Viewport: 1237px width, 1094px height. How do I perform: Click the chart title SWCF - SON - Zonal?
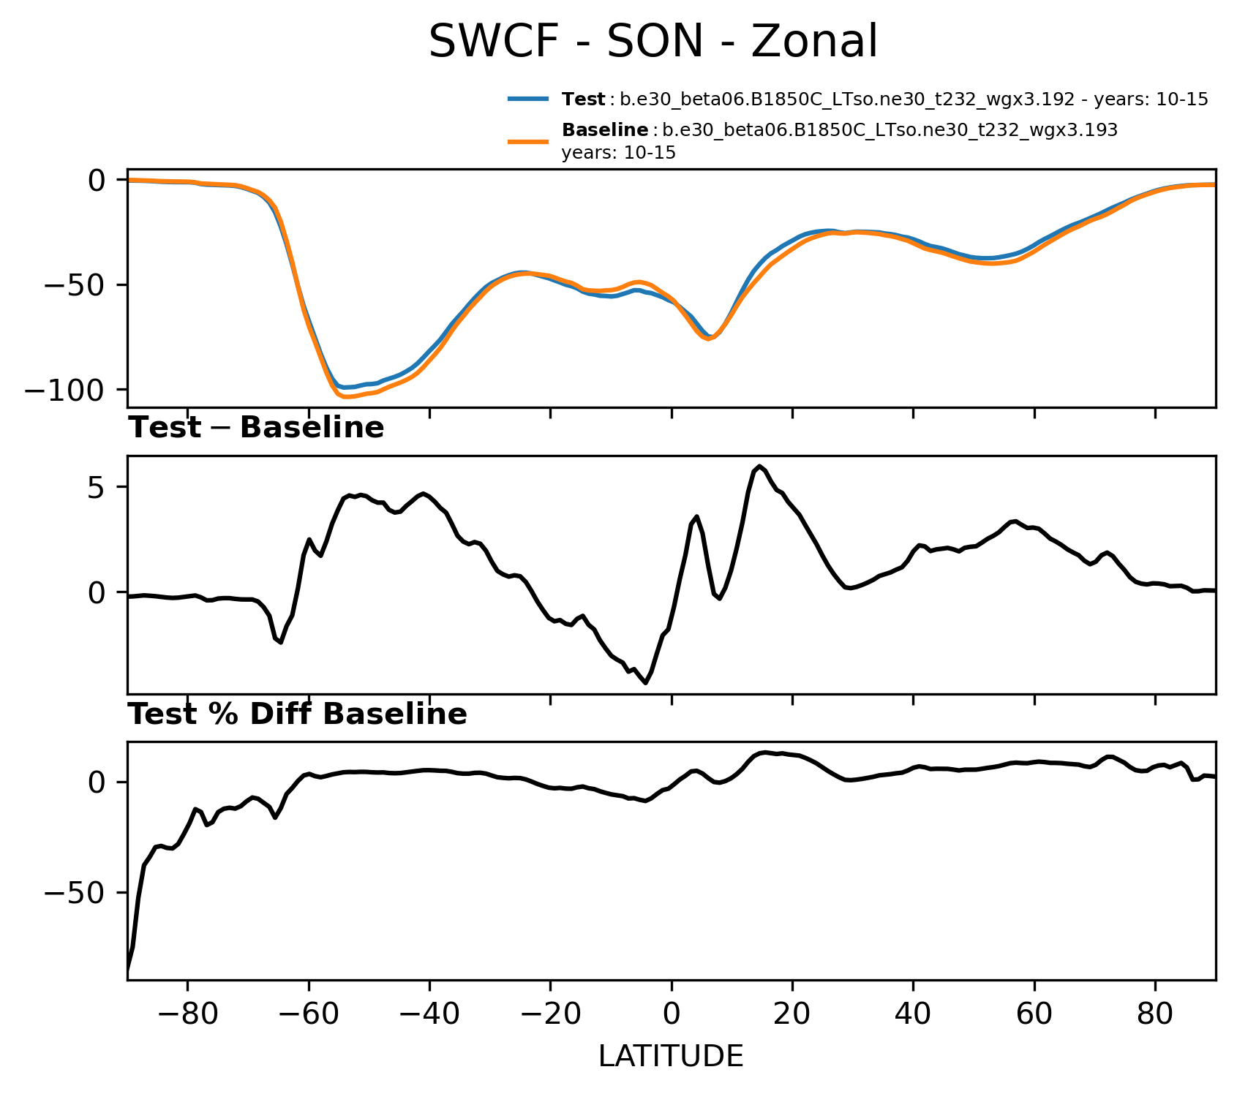(653, 42)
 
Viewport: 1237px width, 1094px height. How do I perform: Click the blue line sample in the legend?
(528, 99)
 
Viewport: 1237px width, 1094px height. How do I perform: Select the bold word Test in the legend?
(583, 99)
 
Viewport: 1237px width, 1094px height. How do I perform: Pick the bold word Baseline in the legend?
(604, 131)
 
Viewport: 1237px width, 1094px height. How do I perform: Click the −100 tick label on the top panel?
(65, 390)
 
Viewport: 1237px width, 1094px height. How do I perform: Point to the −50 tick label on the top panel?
(75, 284)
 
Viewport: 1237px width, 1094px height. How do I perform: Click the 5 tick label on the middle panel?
(97, 488)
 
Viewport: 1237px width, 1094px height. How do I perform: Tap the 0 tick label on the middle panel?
(97, 592)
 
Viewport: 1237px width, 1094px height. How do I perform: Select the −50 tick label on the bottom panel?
(75, 893)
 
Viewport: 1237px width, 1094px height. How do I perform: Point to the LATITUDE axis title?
(671, 1057)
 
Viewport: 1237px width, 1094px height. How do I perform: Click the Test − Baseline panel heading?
(256, 428)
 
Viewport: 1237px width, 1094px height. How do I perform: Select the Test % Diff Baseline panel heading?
(298, 714)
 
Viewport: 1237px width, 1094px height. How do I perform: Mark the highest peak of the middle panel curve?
(761, 466)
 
